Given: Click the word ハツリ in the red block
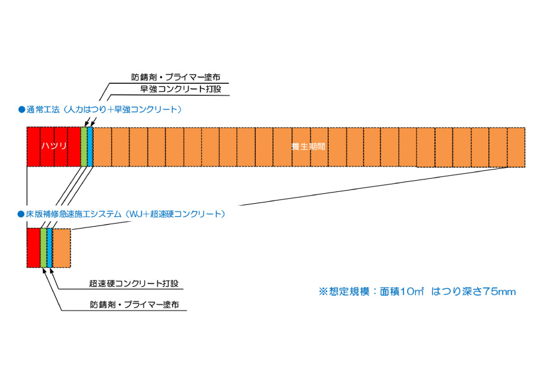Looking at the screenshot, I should pyautogui.click(x=54, y=147).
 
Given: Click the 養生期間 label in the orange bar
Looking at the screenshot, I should pyautogui.click(x=309, y=147).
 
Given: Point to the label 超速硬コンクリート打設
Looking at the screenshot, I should pyautogui.click(x=133, y=284).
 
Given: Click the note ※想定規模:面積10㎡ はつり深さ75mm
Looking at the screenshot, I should pyautogui.click(x=417, y=291).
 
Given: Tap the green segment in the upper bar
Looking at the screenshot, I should pyautogui.click(x=84, y=147).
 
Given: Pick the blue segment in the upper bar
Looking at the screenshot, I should pyautogui.click(x=90, y=147).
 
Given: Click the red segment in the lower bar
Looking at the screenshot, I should pyautogui.click(x=33, y=247).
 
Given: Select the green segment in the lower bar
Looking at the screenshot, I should pyautogui.click(x=43, y=247).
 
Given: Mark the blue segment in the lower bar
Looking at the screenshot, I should pyautogui.click(x=50, y=247).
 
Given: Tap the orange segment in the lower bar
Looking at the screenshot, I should pyautogui.click(x=61, y=247).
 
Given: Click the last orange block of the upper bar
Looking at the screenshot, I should pyautogui.click(x=516, y=147).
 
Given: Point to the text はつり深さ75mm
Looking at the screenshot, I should pyautogui.click(x=473, y=291).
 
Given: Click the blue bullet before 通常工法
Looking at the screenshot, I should pyautogui.click(x=20, y=109).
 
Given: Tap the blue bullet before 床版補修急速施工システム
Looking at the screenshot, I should pyautogui.click(x=20, y=214).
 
